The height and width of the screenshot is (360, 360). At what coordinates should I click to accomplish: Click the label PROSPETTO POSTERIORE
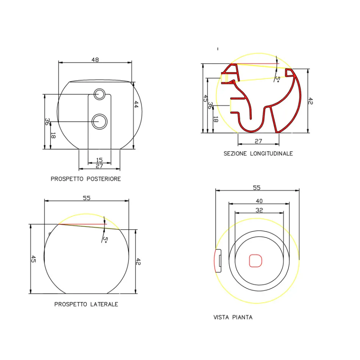click(86, 179)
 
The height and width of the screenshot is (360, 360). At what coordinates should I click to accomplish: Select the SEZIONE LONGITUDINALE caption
click(258, 153)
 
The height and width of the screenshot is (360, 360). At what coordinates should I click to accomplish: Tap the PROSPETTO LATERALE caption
click(86, 304)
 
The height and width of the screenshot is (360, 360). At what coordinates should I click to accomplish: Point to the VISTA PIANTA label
click(233, 317)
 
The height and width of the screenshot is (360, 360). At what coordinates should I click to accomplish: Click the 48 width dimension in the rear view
click(95, 60)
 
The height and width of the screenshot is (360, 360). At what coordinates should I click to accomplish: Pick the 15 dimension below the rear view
click(99, 160)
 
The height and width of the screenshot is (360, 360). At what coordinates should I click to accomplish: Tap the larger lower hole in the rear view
click(100, 121)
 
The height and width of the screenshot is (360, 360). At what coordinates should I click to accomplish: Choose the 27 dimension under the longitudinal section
click(258, 141)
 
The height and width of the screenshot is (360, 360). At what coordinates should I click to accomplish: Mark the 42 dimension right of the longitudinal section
click(310, 101)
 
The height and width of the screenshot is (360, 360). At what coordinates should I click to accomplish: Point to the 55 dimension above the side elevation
click(86, 198)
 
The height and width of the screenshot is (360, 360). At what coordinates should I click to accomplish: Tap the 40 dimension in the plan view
click(259, 201)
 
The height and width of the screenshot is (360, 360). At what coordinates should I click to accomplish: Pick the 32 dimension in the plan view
click(259, 210)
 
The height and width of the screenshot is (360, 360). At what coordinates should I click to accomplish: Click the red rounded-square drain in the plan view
click(255, 261)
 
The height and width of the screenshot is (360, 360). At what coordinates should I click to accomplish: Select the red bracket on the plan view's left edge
click(218, 260)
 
